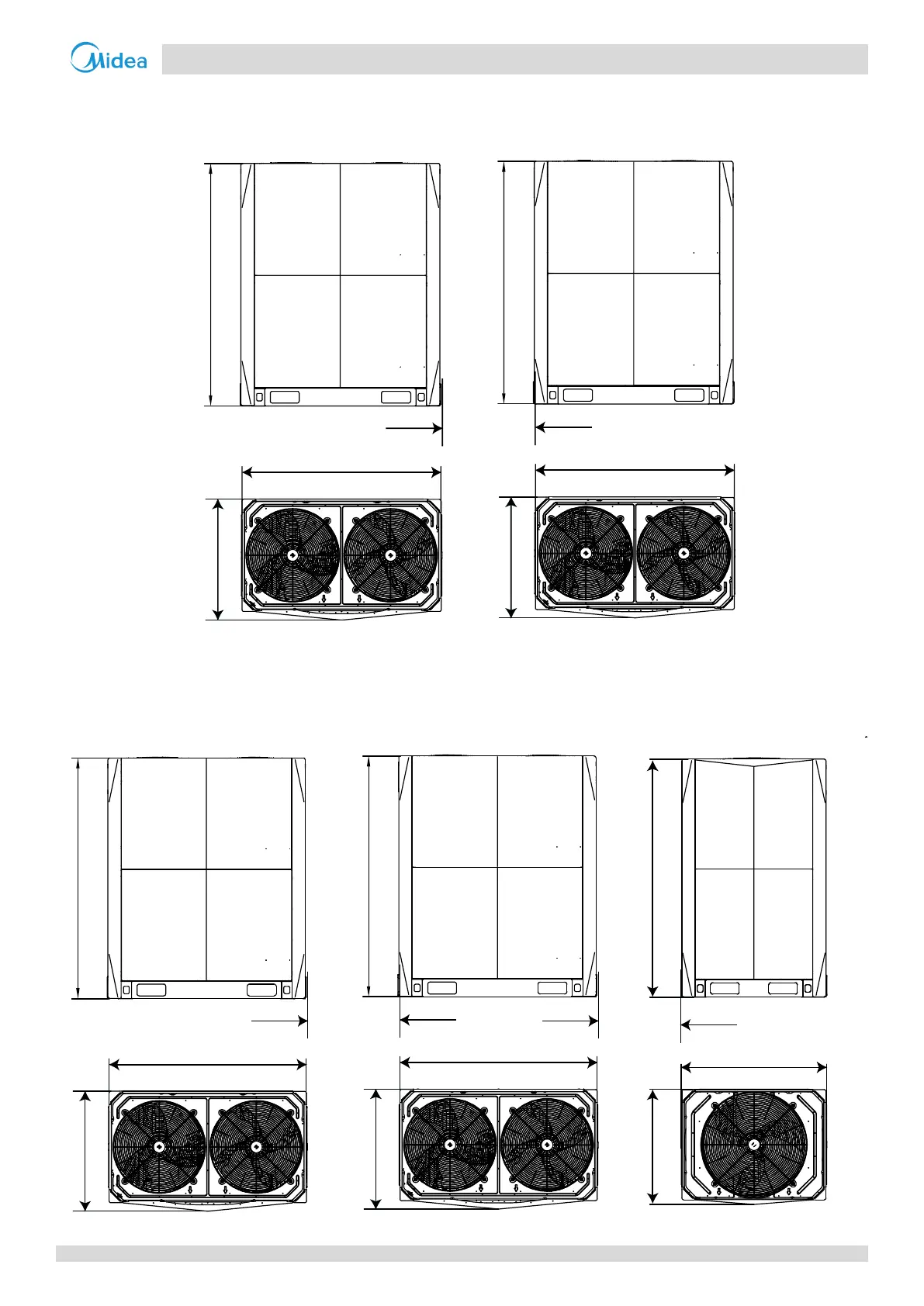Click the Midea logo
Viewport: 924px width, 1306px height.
click(109, 58)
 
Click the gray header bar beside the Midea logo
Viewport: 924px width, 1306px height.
click(514, 59)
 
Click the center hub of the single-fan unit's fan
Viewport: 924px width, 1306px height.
click(753, 1145)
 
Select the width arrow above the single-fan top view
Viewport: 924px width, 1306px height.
click(753, 1068)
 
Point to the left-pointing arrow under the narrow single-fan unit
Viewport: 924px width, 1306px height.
click(709, 1025)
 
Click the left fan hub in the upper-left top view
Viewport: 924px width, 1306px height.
click(292, 555)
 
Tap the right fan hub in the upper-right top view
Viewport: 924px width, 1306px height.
click(683, 553)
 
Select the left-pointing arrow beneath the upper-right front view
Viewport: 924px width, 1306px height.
click(564, 427)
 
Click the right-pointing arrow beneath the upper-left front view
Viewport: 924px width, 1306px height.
click(414, 427)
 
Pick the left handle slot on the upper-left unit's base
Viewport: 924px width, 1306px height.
click(284, 397)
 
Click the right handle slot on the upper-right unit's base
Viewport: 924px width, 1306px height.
click(689, 396)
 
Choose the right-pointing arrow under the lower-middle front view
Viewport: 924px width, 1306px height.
click(570, 1021)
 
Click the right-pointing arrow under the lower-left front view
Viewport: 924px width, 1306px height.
click(280, 1021)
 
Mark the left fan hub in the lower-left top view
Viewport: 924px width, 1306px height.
click(159, 1146)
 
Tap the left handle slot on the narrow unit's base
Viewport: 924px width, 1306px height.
click(724, 988)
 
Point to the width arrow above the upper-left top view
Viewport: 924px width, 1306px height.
click(341, 472)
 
